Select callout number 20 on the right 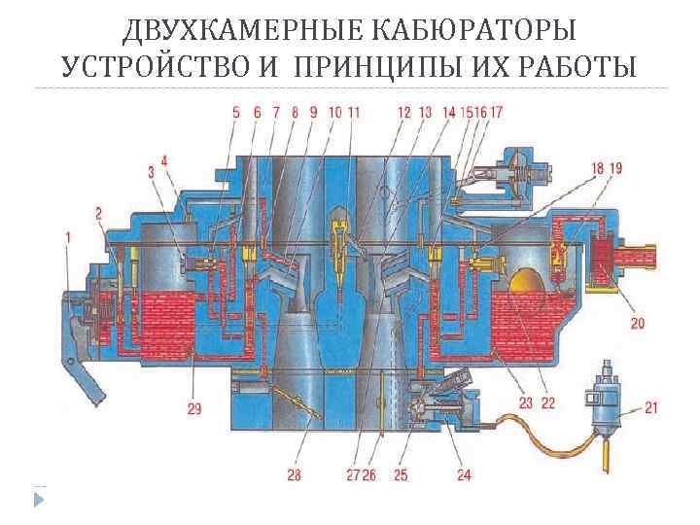tap(638, 322)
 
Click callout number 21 tap(650, 407)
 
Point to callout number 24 tap(463, 475)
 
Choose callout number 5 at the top tap(235, 113)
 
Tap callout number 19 tap(615, 168)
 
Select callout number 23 tap(525, 402)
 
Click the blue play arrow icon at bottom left tap(39, 499)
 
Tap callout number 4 tap(164, 160)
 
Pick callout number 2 tap(98, 212)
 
